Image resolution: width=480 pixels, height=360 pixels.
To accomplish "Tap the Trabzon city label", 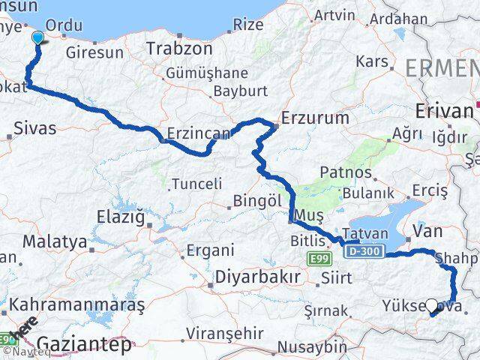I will [x=179, y=48].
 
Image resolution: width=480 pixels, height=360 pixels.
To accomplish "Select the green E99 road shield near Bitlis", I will [x=318, y=258].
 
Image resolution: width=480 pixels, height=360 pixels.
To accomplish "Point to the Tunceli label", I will [x=197, y=183].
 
